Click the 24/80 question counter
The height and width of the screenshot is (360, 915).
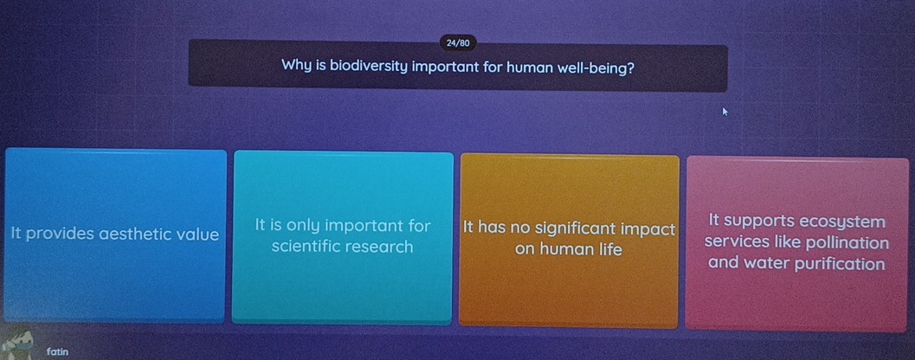tap(458, 42)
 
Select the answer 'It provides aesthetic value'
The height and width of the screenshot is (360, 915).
tap(115, 234)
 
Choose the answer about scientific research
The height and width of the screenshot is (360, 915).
tap(343, 236)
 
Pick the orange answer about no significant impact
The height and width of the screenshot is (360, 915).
tap(569, 239)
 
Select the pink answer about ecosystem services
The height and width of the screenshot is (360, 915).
tap(796, 243)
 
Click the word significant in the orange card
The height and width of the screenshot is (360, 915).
tap(577, 229)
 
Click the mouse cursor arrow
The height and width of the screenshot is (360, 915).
tap(727, 112)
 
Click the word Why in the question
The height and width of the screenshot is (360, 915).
tap(297, 67)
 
